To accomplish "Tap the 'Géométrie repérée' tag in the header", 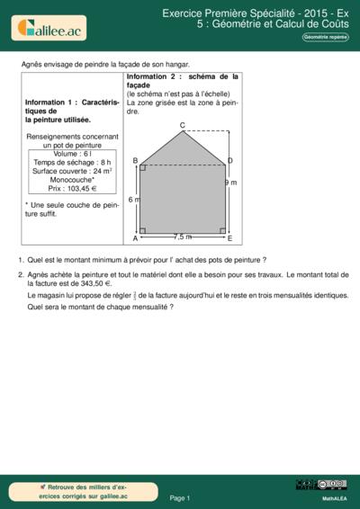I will [325, 37].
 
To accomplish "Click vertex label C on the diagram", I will [183, 125].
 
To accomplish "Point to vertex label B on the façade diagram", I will [135, 161].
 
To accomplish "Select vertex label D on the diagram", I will [230, 161].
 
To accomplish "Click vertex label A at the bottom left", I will [135, 238].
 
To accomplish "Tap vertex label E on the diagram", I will [230, 238].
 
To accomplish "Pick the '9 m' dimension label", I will [230, 183].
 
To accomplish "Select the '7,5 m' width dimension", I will [182, 237].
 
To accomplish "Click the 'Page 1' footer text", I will [180, 496].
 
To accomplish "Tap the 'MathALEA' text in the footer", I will [334, 497].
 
